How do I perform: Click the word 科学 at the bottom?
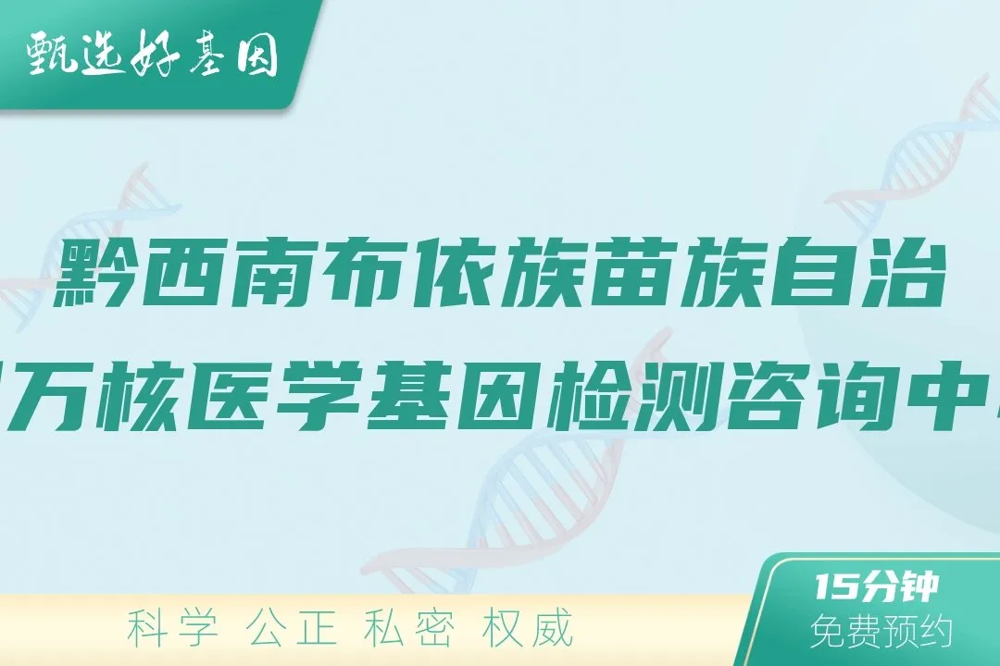[x=174, y=629]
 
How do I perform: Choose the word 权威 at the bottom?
[x=529, y=629]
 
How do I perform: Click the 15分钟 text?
[x=878, y=587]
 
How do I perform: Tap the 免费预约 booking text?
[x=881, y=632]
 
